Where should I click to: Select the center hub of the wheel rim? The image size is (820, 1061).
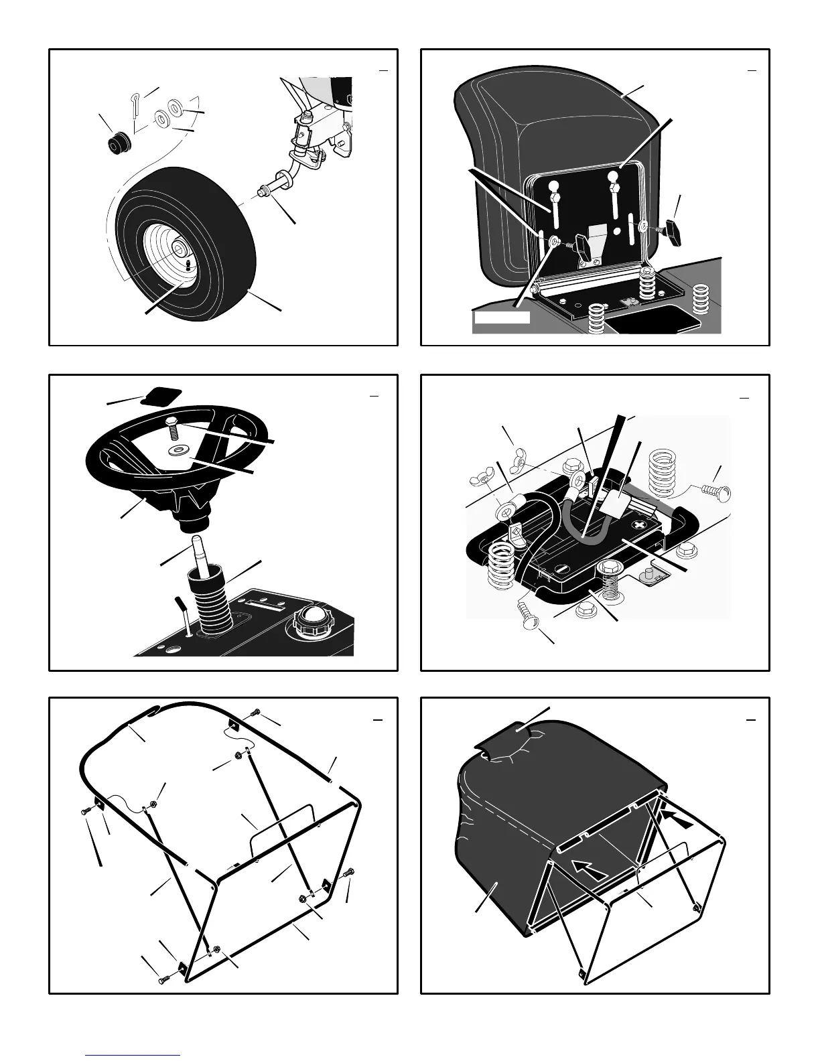coord(180,251)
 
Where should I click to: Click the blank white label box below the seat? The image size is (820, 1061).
coord(502,317)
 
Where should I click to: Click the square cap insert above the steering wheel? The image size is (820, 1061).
coord(161,397)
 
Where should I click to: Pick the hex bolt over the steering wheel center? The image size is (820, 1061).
coord(172,423)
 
